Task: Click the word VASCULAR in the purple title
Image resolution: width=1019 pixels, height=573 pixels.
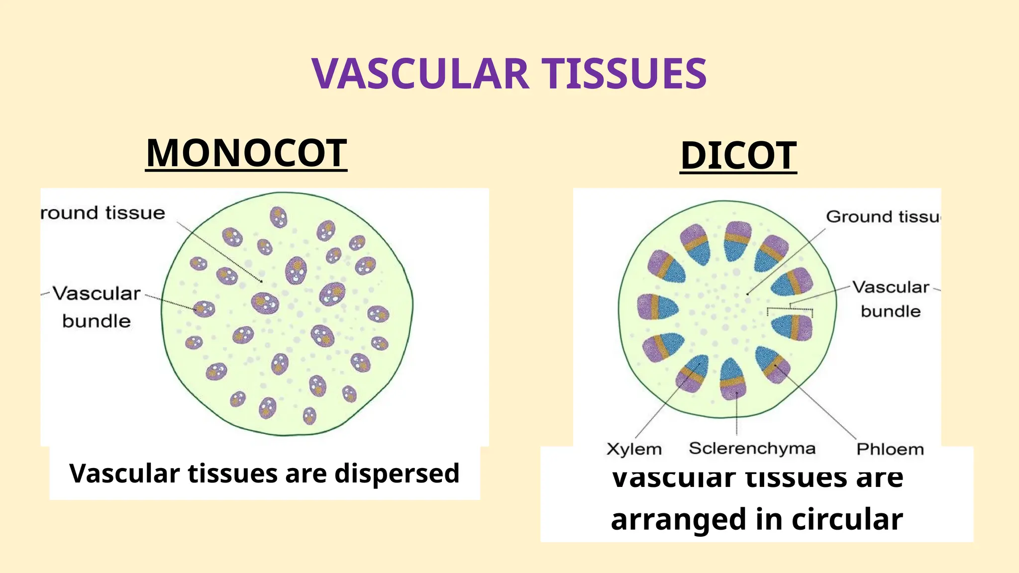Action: pos(420,74)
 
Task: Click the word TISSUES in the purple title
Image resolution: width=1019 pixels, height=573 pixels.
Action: pos(624,74)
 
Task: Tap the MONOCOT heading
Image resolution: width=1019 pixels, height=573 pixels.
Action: pos(246,153)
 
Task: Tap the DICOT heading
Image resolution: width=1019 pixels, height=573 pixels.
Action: pos(738,156)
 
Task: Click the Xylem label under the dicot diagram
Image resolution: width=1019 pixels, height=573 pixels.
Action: pos(634,449)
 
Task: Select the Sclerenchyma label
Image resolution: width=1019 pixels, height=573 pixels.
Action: pos(752,448)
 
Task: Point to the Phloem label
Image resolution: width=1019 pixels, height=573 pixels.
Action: pos(890,449)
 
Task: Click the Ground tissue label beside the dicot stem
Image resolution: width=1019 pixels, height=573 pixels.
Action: pos(883,217)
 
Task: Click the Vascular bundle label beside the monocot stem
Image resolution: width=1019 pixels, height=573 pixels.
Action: pos(97,306)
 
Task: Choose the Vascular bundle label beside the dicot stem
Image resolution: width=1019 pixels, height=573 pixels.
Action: pos(891,298)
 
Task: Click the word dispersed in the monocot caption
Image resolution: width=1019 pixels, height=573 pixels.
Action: pos(397,473)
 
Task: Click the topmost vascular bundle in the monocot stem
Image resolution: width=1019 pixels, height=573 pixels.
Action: pos(279,217)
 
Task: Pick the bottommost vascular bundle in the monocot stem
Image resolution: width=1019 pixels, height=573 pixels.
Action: pos(309,416)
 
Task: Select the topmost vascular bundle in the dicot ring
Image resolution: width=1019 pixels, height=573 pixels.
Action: pos(737,241)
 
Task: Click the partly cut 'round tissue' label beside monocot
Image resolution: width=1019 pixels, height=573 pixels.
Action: pos(102,213)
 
